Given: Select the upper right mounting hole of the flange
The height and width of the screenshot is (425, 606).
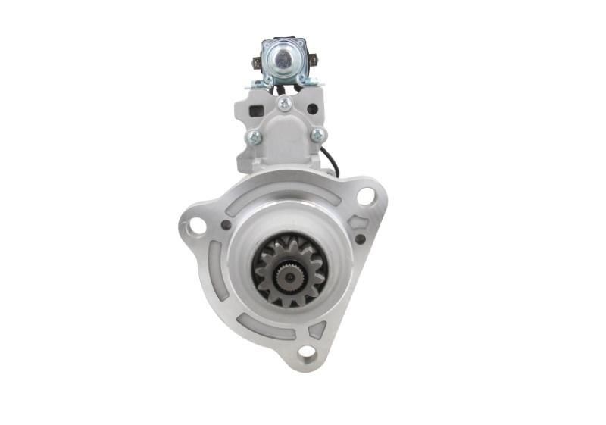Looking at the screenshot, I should tap(366, 196).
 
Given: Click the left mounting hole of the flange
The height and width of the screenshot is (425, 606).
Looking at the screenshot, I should tap(197, 225).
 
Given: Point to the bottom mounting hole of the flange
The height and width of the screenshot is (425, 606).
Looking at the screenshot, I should tap(307, 352).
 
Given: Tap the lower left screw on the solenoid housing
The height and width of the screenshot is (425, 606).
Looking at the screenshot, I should tap(255, 137).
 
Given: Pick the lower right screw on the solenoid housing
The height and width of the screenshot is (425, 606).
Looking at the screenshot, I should tap(317, 135).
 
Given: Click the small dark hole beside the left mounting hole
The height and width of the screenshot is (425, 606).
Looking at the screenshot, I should tap(226, 225).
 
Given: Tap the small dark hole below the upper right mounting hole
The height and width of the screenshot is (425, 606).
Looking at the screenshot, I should tap(360, 239).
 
